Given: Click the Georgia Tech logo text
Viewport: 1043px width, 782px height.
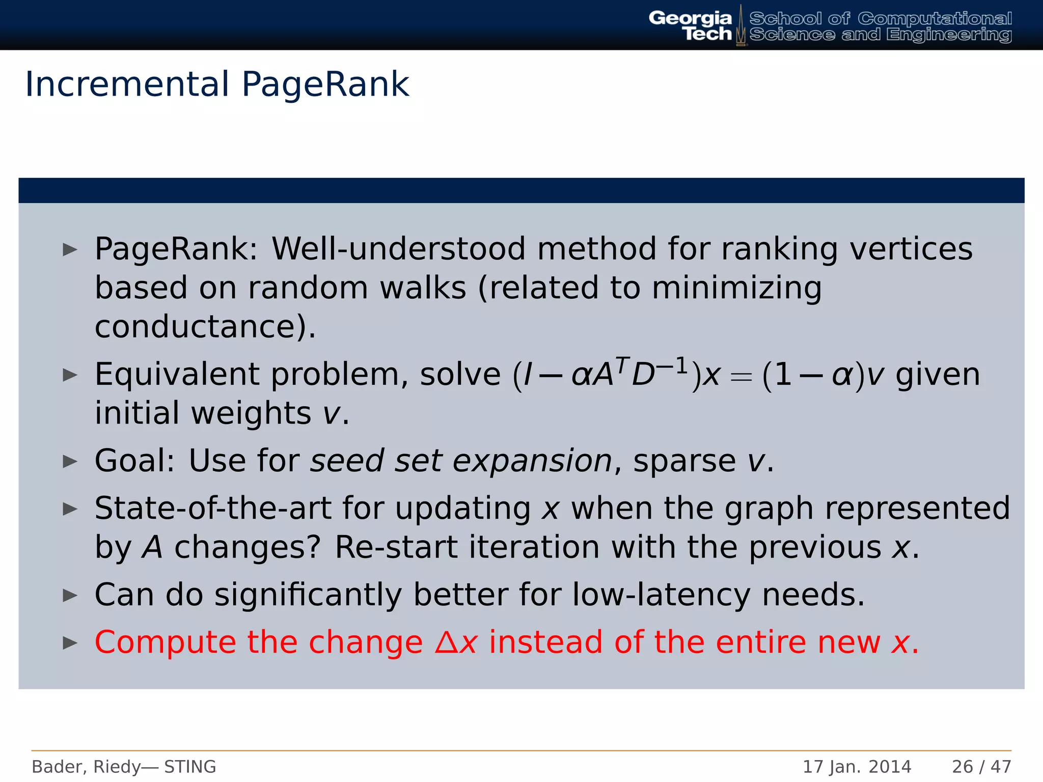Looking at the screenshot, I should [x=690, y=25].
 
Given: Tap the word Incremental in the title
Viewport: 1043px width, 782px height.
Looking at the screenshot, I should [x=127, y=84].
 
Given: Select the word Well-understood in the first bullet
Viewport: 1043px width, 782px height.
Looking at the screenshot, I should [x=398, y=249].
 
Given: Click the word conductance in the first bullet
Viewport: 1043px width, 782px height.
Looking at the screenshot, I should [x=199, y=326].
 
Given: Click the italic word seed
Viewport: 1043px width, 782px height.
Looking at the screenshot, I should [x=347, y=461].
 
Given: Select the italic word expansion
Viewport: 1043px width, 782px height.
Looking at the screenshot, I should [x=532, y=462].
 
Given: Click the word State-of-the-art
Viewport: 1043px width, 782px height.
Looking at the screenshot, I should [x=213, y=508].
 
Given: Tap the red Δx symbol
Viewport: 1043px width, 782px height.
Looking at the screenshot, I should [x=456, y=643].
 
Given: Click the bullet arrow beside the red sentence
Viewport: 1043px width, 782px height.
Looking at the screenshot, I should [x=70, y=643].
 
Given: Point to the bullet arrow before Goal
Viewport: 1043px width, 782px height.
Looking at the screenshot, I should [x=70, y=461].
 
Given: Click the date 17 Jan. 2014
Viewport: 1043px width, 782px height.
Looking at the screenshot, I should [x=857, y=767].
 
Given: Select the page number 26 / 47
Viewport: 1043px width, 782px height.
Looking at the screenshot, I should [x=981, y=767].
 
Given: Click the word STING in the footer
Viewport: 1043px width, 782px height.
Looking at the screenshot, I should [x=190, y=767].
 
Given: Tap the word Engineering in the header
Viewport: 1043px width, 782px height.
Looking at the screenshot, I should [x=948, y=35].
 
